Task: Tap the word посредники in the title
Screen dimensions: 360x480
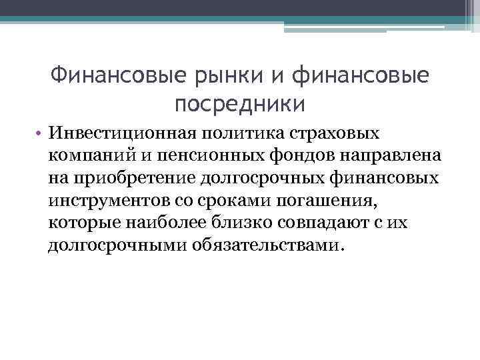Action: [x=240, y=103]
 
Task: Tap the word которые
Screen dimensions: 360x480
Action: [x=86, y=223]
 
